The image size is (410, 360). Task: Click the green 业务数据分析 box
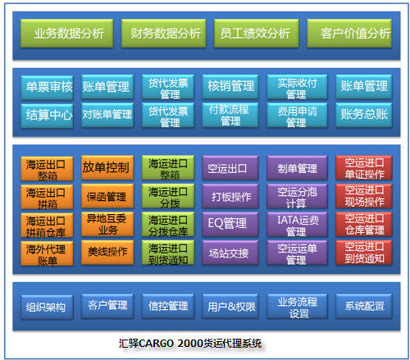(x=66, y=34)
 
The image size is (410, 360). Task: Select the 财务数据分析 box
(x=163, y=34)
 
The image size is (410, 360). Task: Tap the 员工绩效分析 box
(x=257, y=34)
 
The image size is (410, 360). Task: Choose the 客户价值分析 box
(x=349, y=34)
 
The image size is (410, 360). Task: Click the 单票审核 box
(x=47, y=87)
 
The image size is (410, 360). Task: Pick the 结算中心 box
(x=47, y=116)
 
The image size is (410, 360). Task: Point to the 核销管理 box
(x=230, y=86)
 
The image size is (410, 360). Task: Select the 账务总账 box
(x=364, y=115)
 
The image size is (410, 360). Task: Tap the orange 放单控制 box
(x=107, y=167)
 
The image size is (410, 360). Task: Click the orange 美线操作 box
(x=107, y=253)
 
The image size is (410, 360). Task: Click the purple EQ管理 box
(x=230, y=224)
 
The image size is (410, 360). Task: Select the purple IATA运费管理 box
(x=297, y=224)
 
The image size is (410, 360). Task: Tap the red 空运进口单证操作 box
(x=364, y=167)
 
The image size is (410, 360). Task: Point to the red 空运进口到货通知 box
(x=364, y=253)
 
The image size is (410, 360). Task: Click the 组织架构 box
(x=47, y=308)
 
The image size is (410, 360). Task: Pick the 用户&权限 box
(x=230, y=307)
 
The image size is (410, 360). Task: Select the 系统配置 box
(x=364, y=307)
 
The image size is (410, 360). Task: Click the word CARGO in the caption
(x=156, y=344)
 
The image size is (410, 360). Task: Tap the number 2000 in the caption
(x=191, y=344)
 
